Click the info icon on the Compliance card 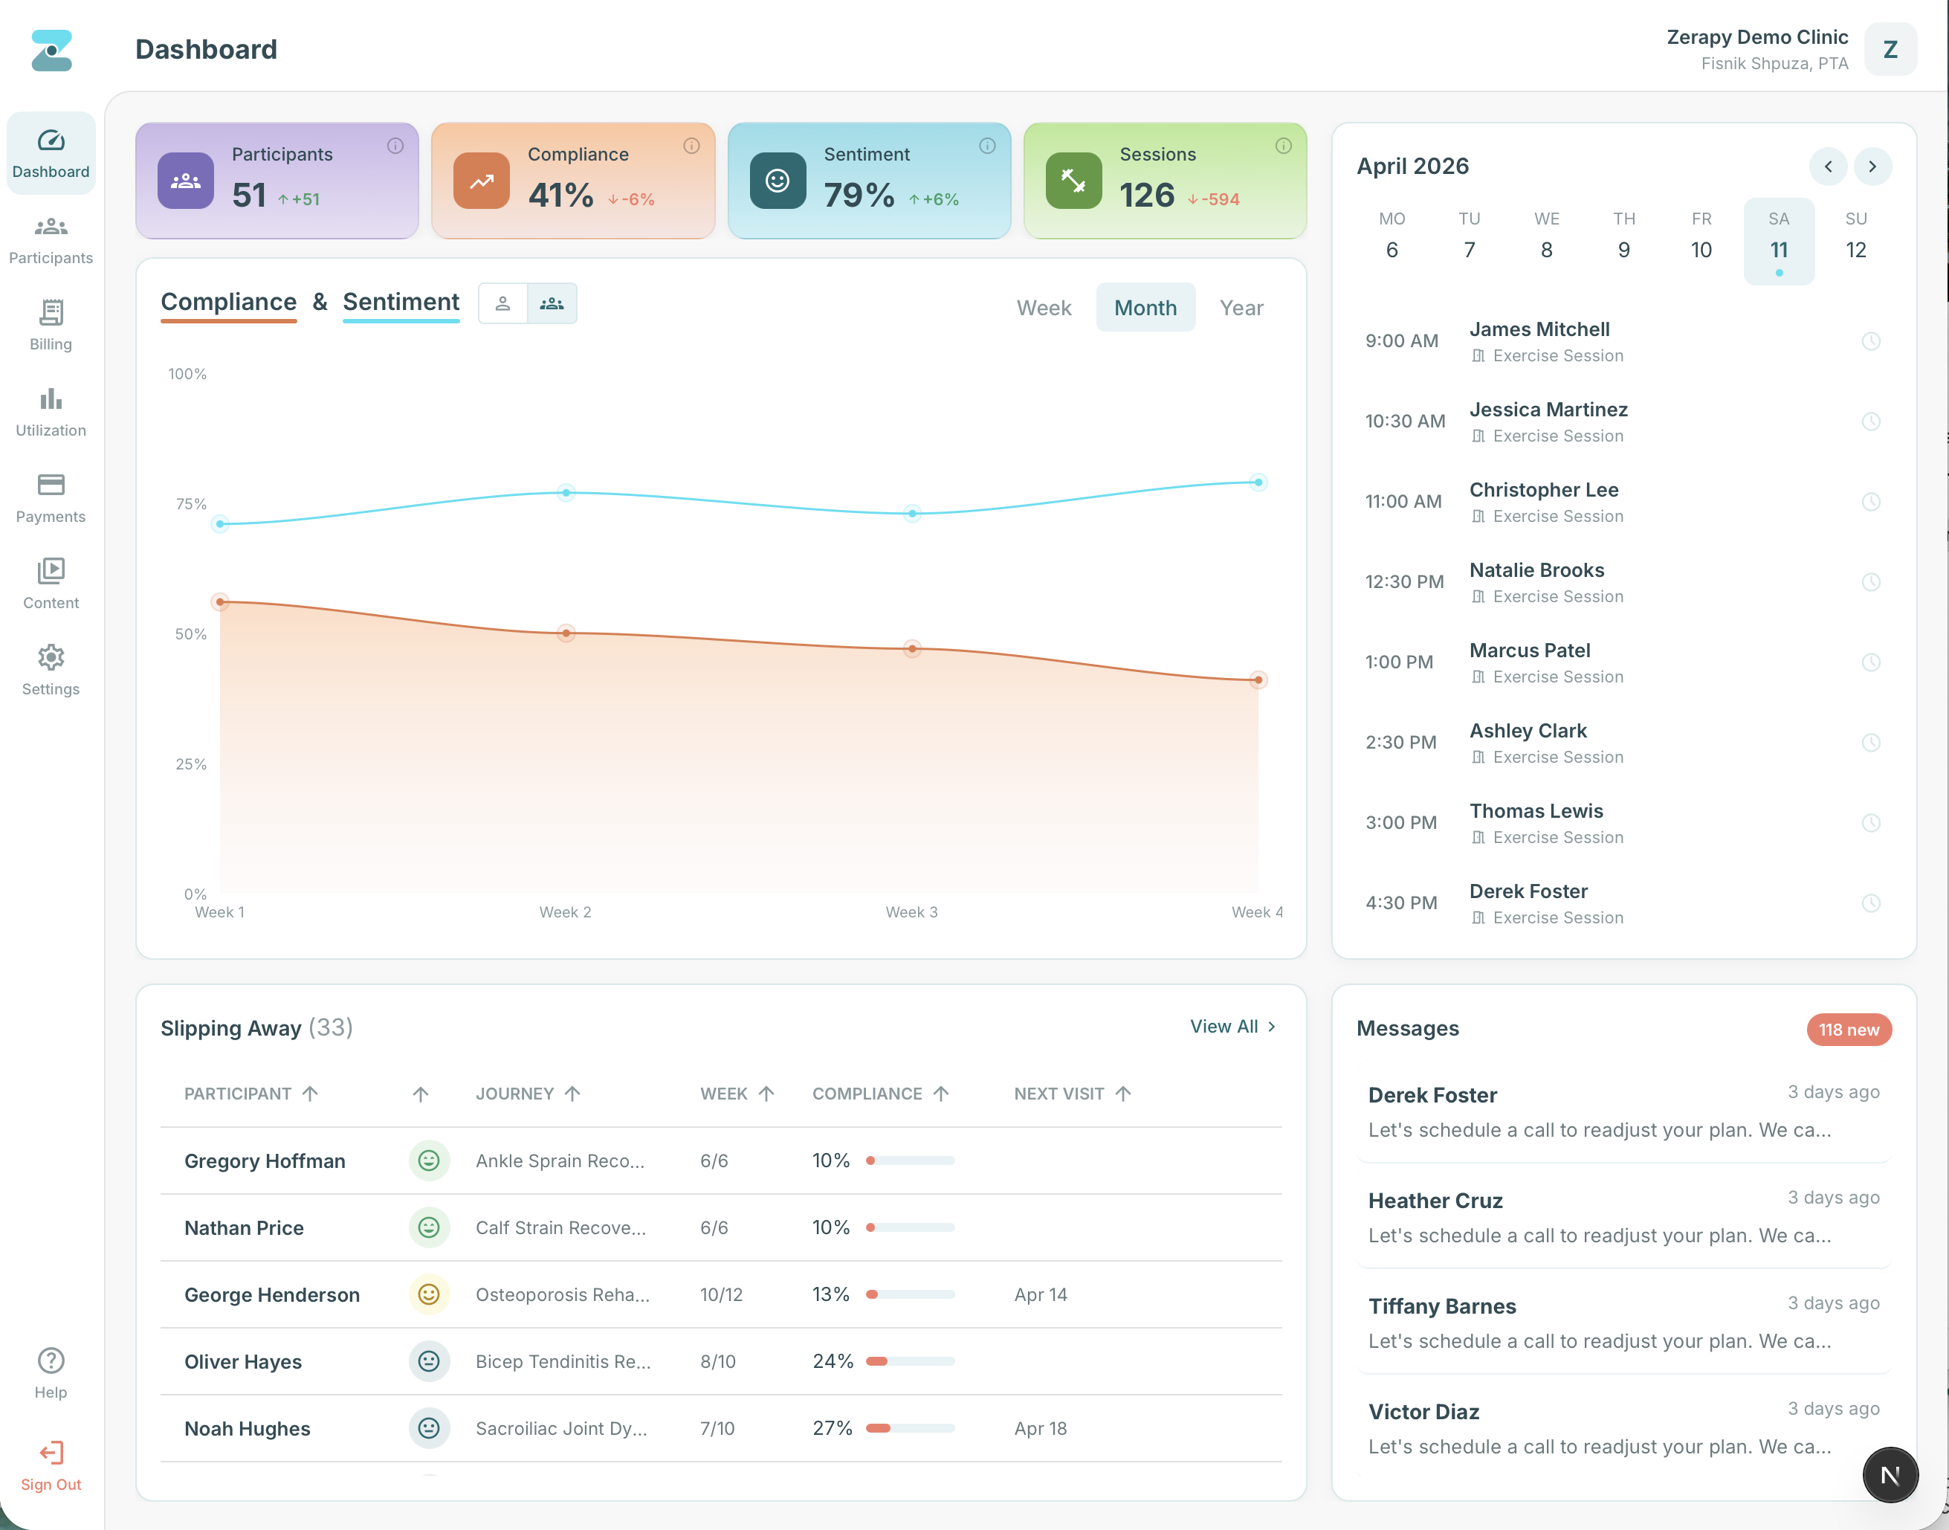click(691, 146)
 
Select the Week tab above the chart click(1044, 307)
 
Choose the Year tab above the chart click(1241, 307)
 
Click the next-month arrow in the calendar click(1871, 167)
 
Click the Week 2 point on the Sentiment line click(566, 492)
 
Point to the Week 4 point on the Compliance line click(1258, 680)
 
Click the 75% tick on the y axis click(191, 504)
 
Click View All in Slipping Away click(1232, 1027)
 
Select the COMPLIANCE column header click(866, 1094)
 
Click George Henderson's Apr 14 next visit click(1040, 1294)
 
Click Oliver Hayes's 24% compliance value click(832, 1360)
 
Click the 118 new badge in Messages click(1848, 1029)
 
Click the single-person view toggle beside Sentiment click(502, 303)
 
